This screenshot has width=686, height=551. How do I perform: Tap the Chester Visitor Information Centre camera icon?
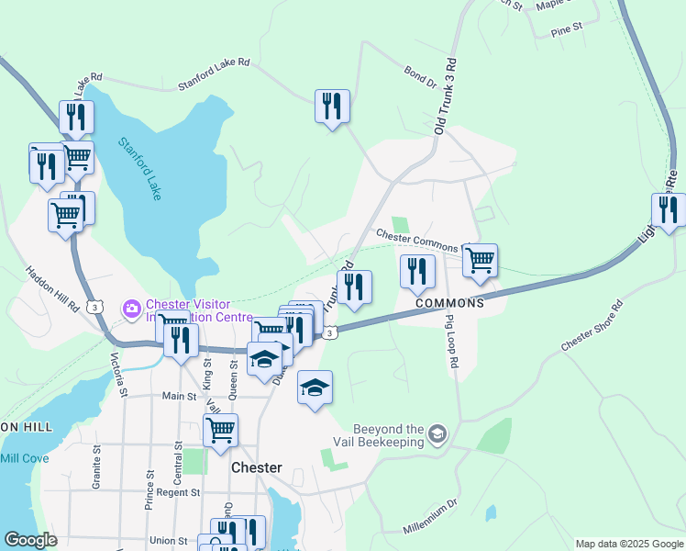point(131,306)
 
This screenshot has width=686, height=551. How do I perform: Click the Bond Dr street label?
point(420,77)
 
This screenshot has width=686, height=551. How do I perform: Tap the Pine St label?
point(567,30)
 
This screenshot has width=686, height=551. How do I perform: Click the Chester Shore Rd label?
point(592,326)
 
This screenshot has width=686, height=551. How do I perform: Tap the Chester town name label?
point(256,467)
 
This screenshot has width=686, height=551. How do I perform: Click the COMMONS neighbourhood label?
point(449,303)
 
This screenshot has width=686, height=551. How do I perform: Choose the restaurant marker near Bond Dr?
point(332,105)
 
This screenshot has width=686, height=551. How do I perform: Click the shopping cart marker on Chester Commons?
point(480,260)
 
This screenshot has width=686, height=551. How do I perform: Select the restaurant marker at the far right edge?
point(669,209)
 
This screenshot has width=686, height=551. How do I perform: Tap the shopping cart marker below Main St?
point(221,429)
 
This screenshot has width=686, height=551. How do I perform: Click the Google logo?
point(30,540)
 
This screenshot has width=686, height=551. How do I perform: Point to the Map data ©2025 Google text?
point(628,544)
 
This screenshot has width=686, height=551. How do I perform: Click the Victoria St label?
point(118,374)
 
